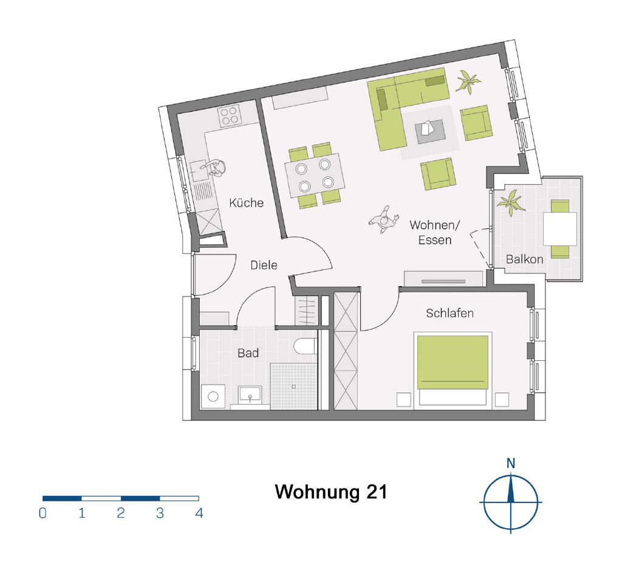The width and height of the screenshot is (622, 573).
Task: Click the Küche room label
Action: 247,203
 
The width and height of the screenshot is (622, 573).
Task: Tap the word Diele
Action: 264,265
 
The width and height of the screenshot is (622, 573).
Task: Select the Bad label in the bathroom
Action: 248,353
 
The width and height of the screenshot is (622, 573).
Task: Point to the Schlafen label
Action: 450,313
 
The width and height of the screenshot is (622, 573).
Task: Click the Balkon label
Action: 524,259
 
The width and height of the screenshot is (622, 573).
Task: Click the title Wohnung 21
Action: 331,492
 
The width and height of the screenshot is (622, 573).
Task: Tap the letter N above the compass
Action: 511,463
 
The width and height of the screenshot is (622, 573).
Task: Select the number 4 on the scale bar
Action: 199,513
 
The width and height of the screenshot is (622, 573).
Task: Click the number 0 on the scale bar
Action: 43,513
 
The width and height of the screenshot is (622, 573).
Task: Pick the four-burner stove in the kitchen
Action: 229,115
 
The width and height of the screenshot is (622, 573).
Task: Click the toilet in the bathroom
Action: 306,346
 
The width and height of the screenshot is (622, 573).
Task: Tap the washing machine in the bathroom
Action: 213,396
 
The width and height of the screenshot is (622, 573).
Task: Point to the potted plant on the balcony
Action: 511,202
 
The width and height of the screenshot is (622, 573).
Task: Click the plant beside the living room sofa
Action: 468,82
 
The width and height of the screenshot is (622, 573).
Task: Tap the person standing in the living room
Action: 384,219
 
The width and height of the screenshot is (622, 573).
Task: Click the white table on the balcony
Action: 559,229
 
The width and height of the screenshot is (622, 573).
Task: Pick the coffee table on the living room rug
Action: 429,132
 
